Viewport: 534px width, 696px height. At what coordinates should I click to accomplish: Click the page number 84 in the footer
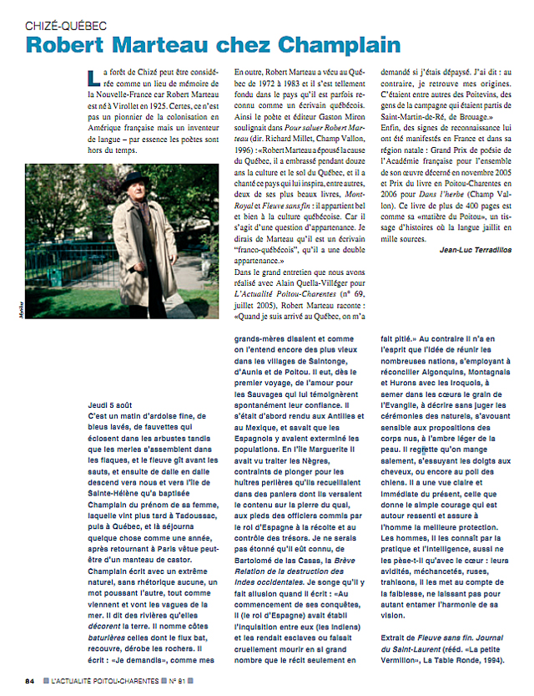(29, 679)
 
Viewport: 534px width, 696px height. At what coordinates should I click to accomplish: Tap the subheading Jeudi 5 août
(113, 403)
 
